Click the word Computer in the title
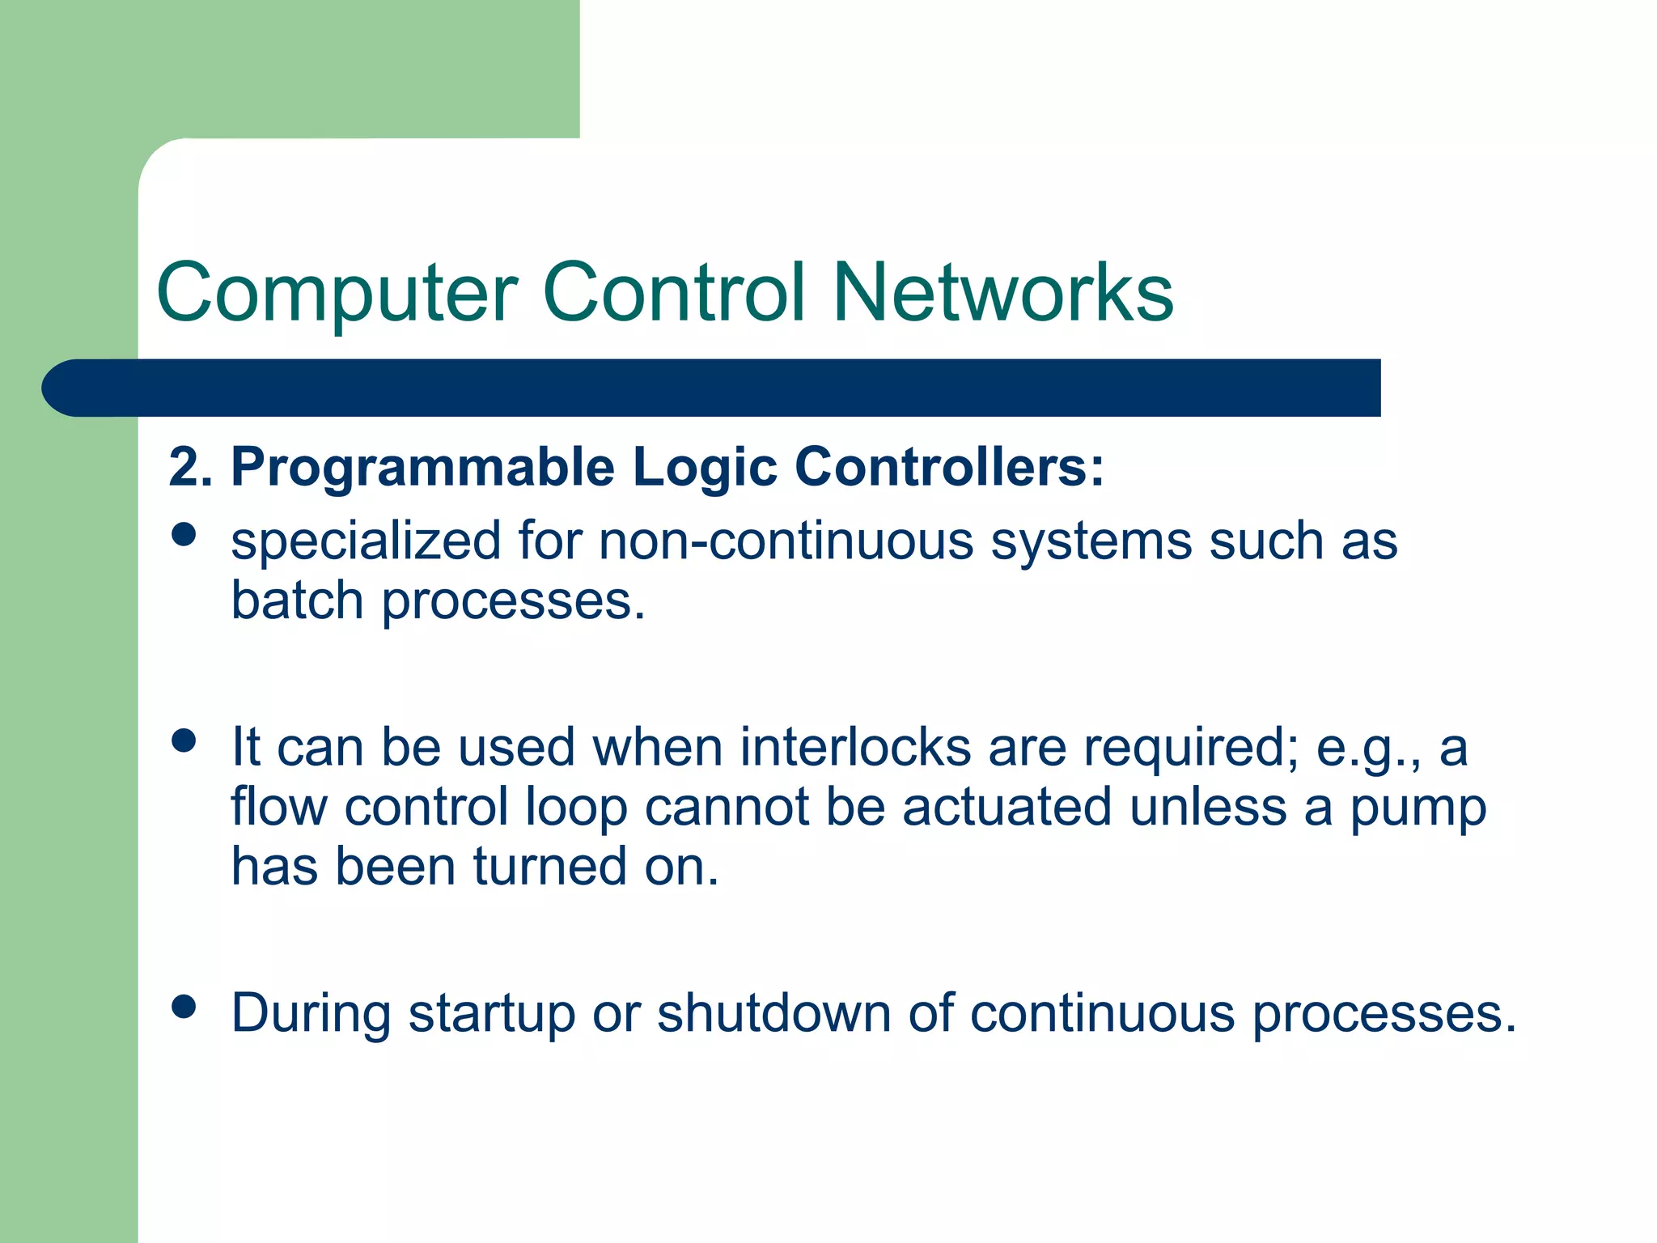tap(337, 293)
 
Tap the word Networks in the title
tap(1002, 293)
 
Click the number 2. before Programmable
tap(190, 468)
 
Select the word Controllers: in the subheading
tap(949, 468)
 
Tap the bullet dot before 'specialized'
tap(184, 535)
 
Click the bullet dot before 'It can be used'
tap(184, 740)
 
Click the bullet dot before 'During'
tap(184, 1007)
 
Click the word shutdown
tap(773, 1013)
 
